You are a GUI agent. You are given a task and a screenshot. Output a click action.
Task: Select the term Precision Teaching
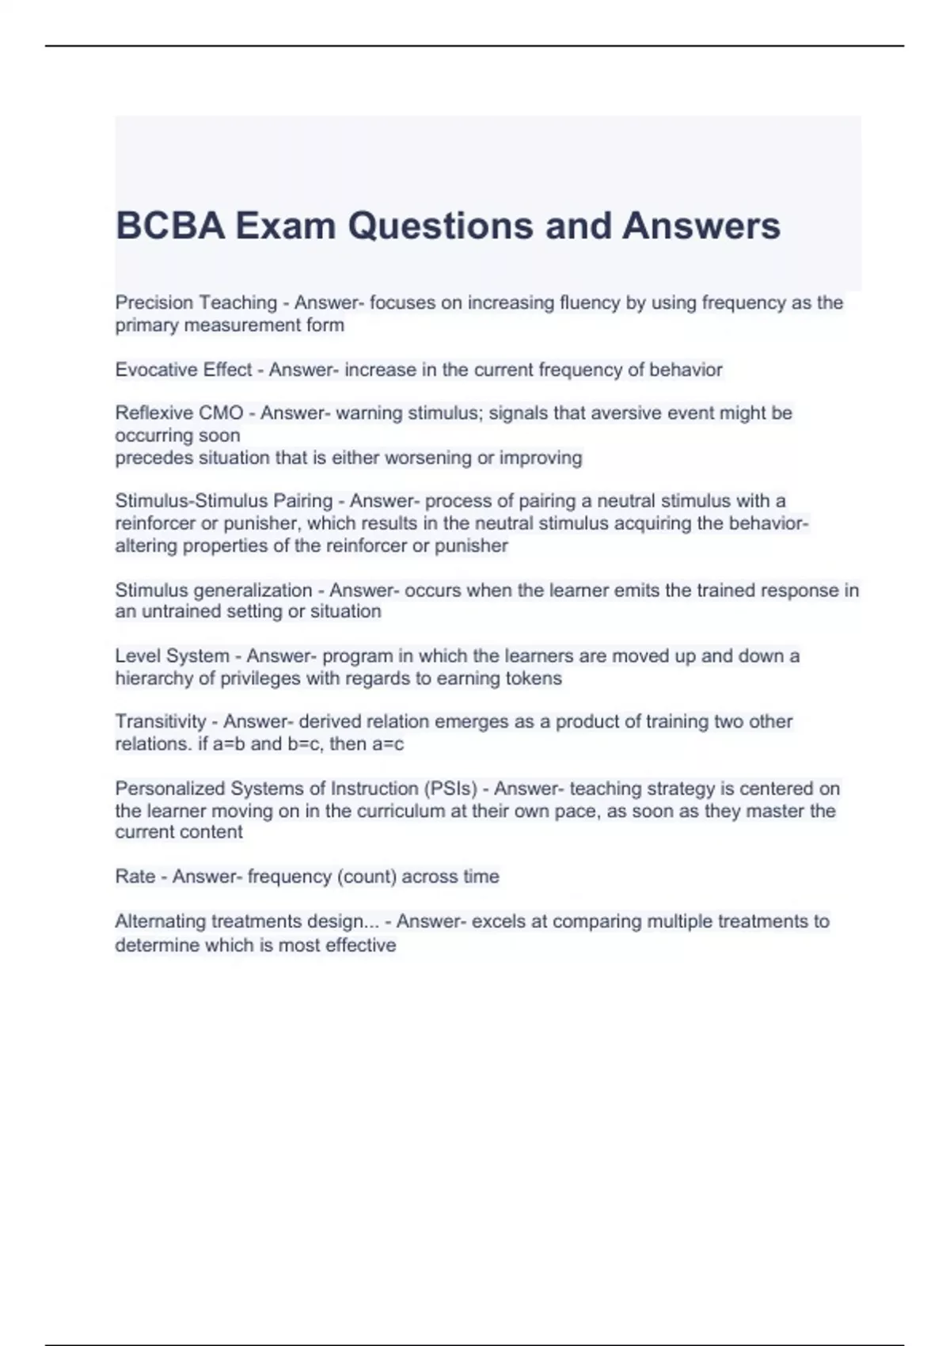pyautogui.click(x=196, y=302)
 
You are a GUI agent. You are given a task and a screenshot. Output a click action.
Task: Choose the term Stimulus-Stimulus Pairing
pyautogui.click(x=223, y=500)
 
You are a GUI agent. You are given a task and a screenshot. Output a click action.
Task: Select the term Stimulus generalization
pyautogui.click(x=214, y=590)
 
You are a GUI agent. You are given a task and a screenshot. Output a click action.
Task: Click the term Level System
pyautogui.click(x=172, y=656)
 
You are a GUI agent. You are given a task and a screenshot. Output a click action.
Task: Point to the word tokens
pyautogui.click(x=534, y=678)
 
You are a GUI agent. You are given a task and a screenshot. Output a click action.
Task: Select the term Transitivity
pyautogui.click(x=161, y=721)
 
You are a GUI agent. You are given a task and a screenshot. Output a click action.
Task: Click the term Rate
pyautogui.click(x=135, y=876)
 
